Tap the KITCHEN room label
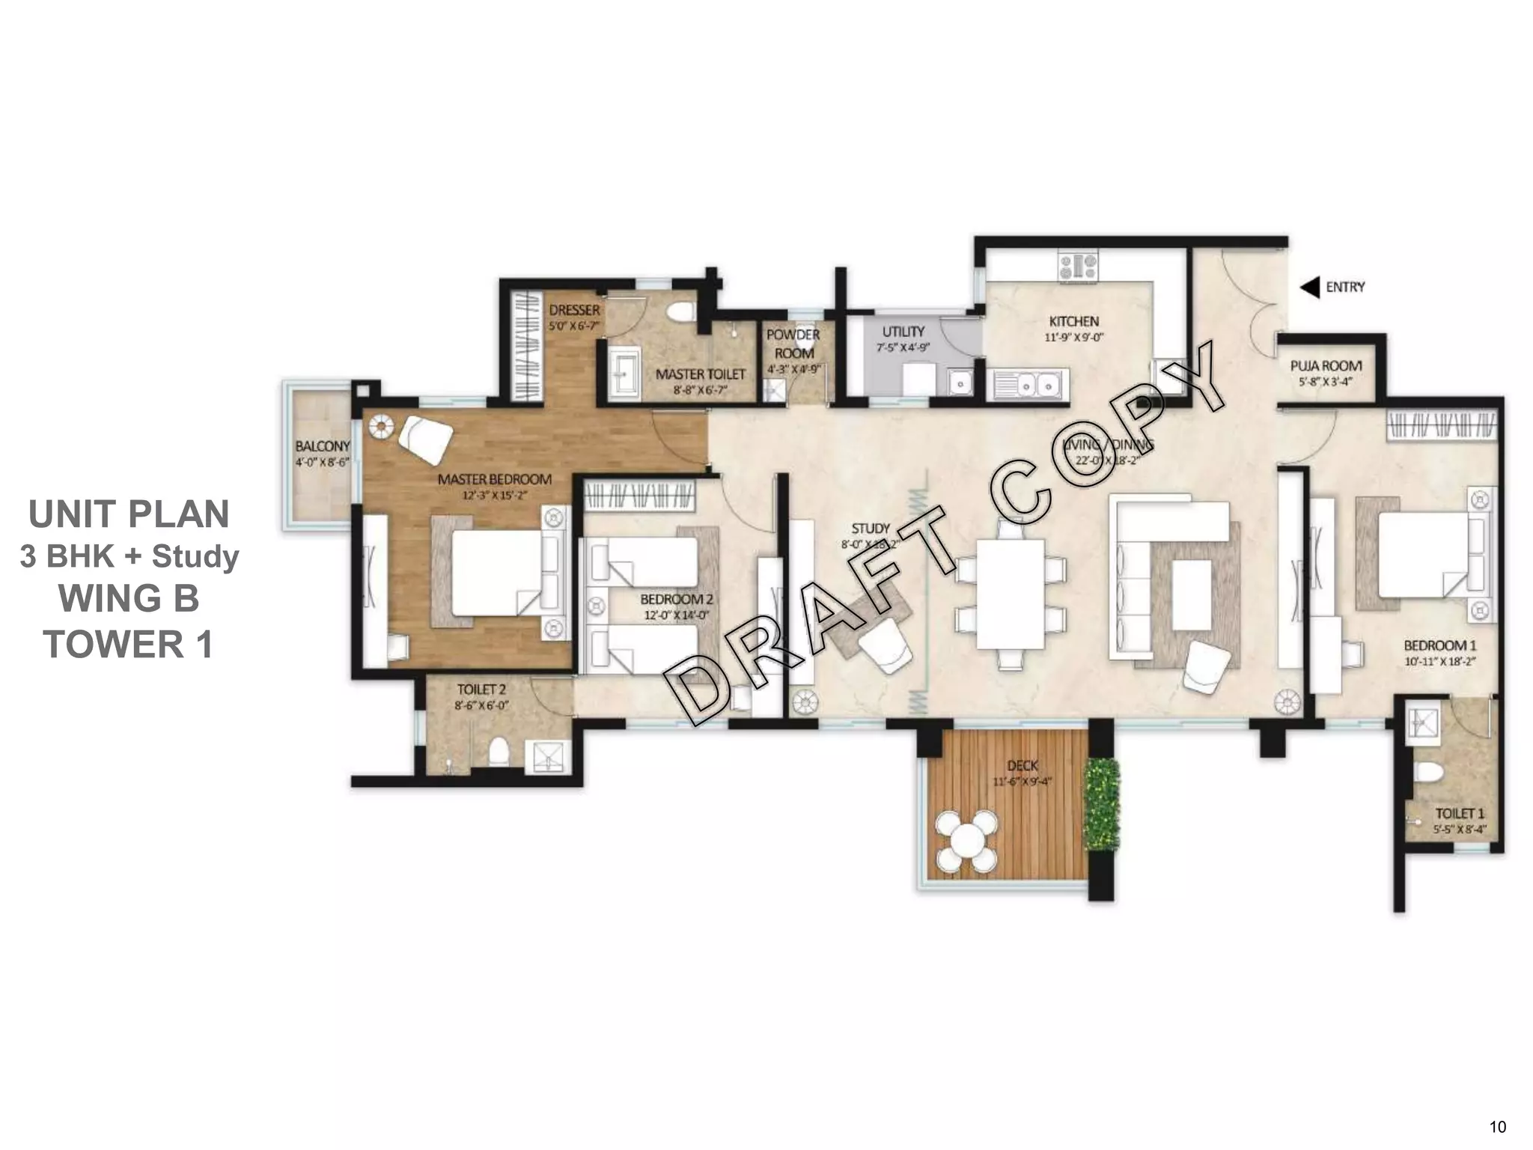(x=1074, y=321)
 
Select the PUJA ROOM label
(x=1326, y=366)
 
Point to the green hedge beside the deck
(x=1101, y=805)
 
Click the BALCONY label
(x=323, y=446)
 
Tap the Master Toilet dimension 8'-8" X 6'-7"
(x=700, y=390)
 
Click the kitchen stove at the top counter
(x=1078, y=267)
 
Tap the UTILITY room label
(x=903, y=332)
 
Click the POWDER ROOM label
(x=793, y=344)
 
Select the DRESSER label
(x=574, y=310)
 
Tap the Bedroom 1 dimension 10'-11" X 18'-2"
(x=1439, y=662)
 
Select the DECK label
(x=1022, y=765)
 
